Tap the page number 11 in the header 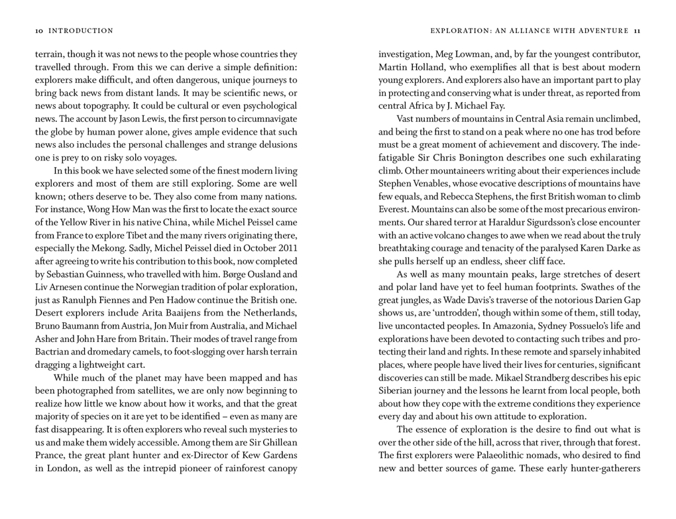pos(637,30)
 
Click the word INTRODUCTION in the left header pos(81,30)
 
